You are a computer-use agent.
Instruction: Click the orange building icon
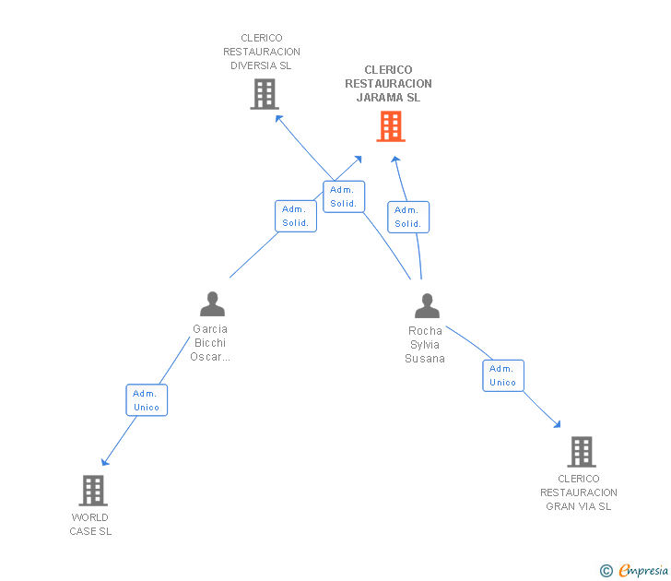point(391,126)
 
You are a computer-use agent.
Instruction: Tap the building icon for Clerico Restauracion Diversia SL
point(265,94)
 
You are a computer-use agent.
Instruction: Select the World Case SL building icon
point(93,491)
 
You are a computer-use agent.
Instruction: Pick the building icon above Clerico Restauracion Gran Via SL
point(581,452)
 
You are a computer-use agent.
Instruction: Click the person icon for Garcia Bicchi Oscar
point(212,304)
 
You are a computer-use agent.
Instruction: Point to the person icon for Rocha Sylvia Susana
point(427,306)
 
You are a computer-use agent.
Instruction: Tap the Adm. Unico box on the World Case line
point(147,400)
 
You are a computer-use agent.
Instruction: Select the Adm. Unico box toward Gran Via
point(503,375)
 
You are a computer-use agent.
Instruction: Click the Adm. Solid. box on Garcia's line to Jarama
point(296,216)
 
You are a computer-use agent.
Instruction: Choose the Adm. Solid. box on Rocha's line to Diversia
point(344,196)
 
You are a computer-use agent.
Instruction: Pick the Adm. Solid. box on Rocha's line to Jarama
point(407,217)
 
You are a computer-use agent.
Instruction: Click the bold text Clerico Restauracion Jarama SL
point(388,84)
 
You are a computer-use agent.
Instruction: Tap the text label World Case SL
point(90,524)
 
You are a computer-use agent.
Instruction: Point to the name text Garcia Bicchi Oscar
point(210,343)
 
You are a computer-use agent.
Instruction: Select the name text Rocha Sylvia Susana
point(425,344)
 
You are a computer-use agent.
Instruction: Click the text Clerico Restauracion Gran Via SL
point(579,492)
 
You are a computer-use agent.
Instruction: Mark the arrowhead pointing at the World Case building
point(105,461)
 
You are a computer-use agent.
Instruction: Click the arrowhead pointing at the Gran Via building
point(556,423)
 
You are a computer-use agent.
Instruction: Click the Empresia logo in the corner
point(635,571)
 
